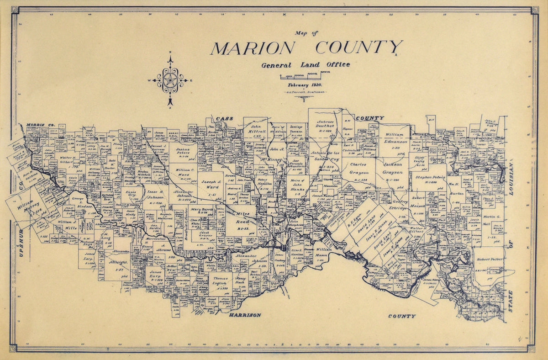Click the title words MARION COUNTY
pyautogui.click(x=306, y=48)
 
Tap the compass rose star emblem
pyautogui.click(x=170, y=81)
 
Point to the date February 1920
pyautogui.click(x=305, y=85)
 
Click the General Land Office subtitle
pyautogui.click(x=306, y=65)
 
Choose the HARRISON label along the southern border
pyautogui.click(x=245, y=315)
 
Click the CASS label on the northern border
pyautogui.click(x=225, y=119)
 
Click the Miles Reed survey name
pyautogui.click(x=242, y=217)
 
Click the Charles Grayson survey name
pyautogui.click(x=359, y=168)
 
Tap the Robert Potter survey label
pyautogui.click(x=490, y=259)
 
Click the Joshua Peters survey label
pyautogui.click(x=183, y=152)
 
